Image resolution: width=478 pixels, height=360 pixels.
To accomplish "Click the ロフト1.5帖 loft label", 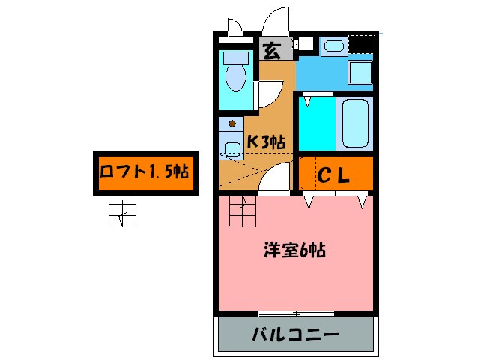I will pos(143,173).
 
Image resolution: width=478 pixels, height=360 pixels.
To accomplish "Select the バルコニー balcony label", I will pos(297,334).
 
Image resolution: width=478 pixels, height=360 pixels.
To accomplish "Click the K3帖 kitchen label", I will pos(266,141).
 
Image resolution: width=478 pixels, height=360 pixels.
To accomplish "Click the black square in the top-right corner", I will pos(361,46).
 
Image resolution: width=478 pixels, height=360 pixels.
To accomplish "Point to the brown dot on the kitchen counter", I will pos(232,123).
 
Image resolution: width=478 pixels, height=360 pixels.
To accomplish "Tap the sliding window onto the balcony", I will pos(297,312).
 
